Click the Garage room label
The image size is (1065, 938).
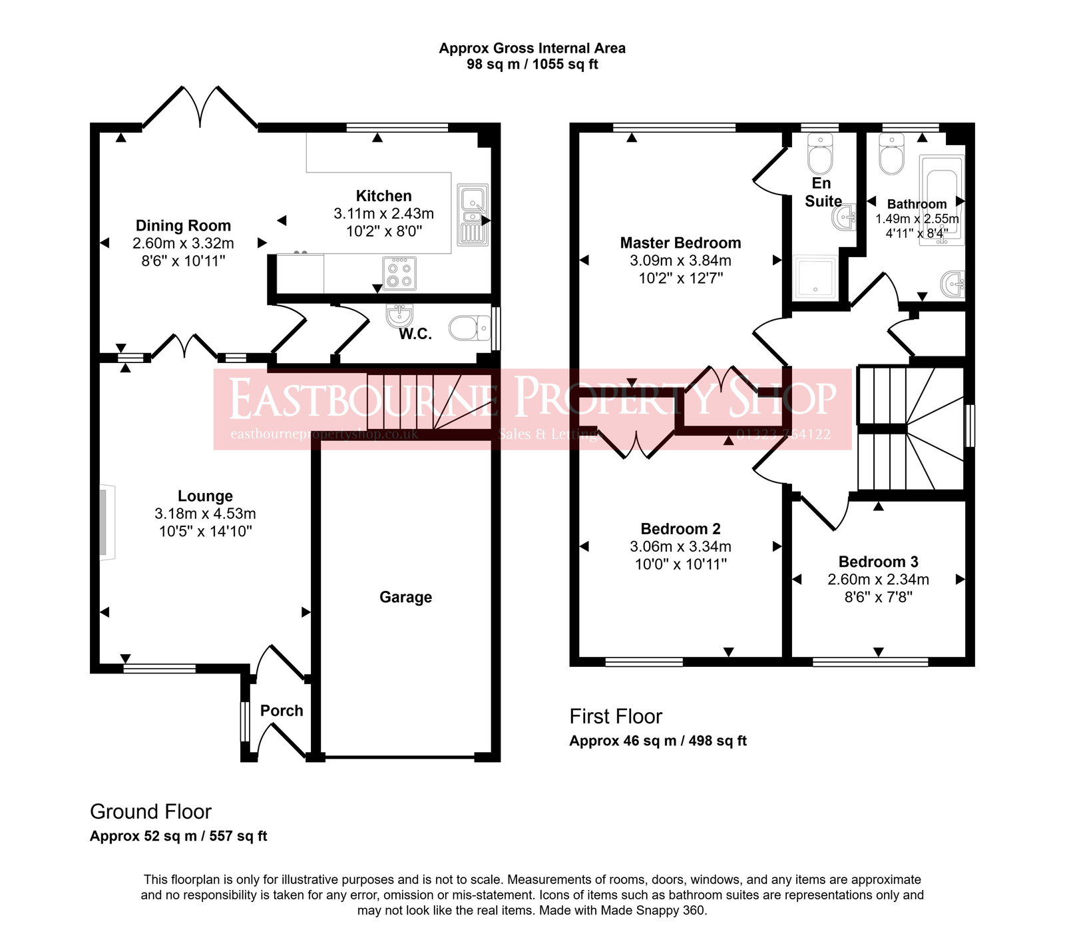(405, 597)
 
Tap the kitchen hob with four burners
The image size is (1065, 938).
(399, 273)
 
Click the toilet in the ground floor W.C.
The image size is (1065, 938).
(468, 328)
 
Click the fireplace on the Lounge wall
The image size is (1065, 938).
(106, 522)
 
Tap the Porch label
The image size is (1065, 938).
(282, 711)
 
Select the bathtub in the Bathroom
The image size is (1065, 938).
(941, 200)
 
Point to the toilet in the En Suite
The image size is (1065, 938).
(820, 155)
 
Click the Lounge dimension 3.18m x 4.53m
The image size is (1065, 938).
(205, 514)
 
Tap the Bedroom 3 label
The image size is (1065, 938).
(878, 562)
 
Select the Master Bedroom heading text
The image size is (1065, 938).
(680, 242)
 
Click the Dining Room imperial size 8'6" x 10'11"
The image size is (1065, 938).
(183, 261)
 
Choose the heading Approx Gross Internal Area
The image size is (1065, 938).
(532, 48)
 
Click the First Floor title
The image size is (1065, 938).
(616, 717)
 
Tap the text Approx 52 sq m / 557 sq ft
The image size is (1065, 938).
(178, 836)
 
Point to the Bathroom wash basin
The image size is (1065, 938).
(954, 284)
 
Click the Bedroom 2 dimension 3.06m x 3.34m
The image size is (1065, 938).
(680, 546)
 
